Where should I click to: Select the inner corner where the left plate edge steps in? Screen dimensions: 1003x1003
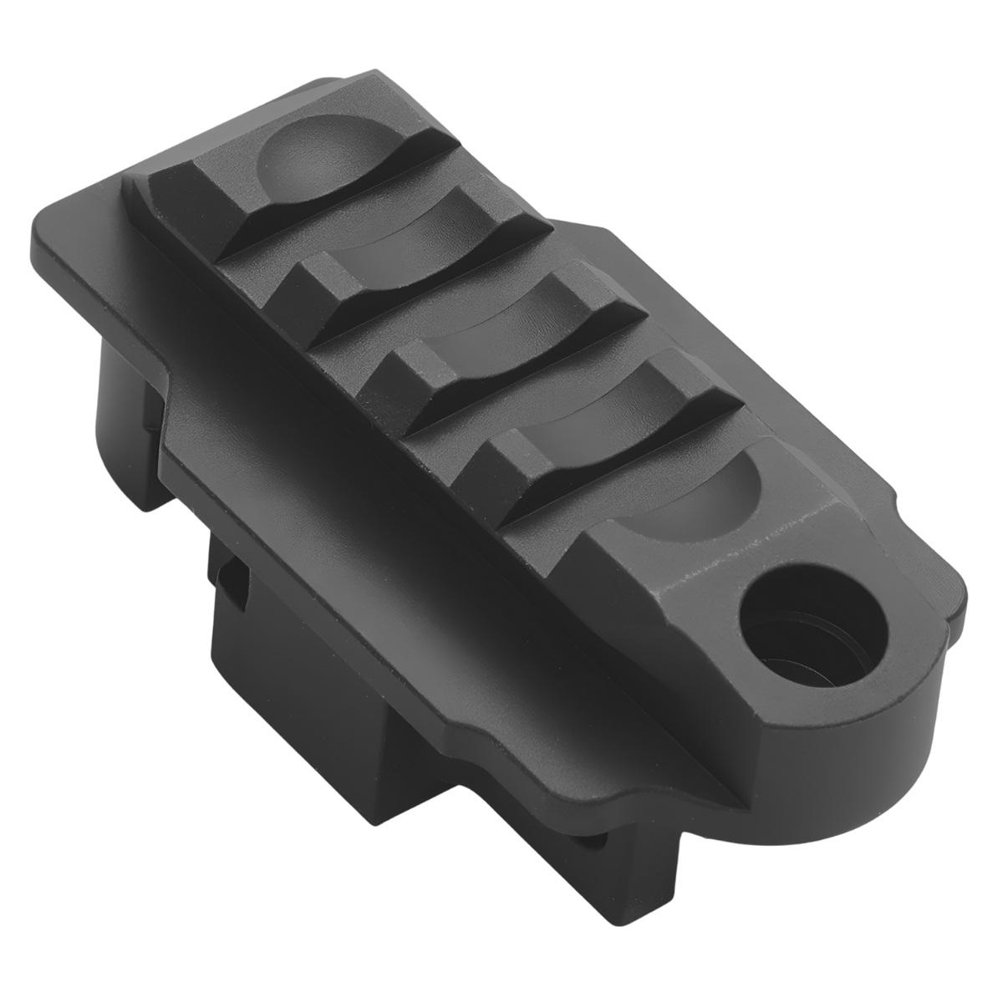tap(167, 368)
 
